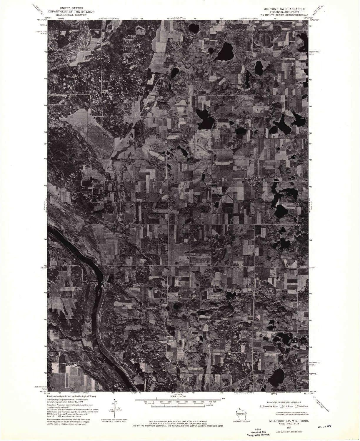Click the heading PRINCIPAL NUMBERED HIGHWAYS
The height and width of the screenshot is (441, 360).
[284, 402]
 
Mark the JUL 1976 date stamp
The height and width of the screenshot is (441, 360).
[323, 427]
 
